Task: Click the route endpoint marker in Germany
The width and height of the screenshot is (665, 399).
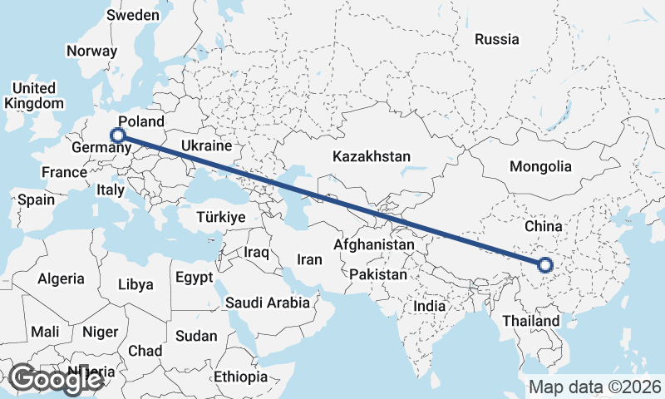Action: coord(118,135)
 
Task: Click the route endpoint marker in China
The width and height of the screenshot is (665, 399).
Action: coord(545,265)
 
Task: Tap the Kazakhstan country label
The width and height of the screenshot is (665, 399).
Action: coord(372,156)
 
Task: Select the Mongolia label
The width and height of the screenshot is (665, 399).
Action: coord(541,166)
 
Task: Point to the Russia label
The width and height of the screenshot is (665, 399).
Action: coord(496,39)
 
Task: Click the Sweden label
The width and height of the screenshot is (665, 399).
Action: coord(133,15)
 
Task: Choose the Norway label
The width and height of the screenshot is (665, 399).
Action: coord(91,51)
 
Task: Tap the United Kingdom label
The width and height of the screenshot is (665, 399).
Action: coord(34,96)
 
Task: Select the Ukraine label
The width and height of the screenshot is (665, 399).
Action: coord(205,145)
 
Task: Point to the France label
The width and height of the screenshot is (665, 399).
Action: coord(65,172)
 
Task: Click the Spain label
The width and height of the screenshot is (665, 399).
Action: coord(36,199)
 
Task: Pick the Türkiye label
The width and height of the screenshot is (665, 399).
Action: coord(221,217)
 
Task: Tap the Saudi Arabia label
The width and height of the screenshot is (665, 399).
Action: coord(268,303)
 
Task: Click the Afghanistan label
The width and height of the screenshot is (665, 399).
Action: coord(373,245)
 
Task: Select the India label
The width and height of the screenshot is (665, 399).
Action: coord(430,306)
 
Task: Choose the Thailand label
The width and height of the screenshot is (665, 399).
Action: coord(530,320)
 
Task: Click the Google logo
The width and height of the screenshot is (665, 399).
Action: coord(57,379)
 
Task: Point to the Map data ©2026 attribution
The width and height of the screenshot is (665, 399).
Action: coord(594,387)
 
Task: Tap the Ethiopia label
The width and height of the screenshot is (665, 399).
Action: coord(241,377)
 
